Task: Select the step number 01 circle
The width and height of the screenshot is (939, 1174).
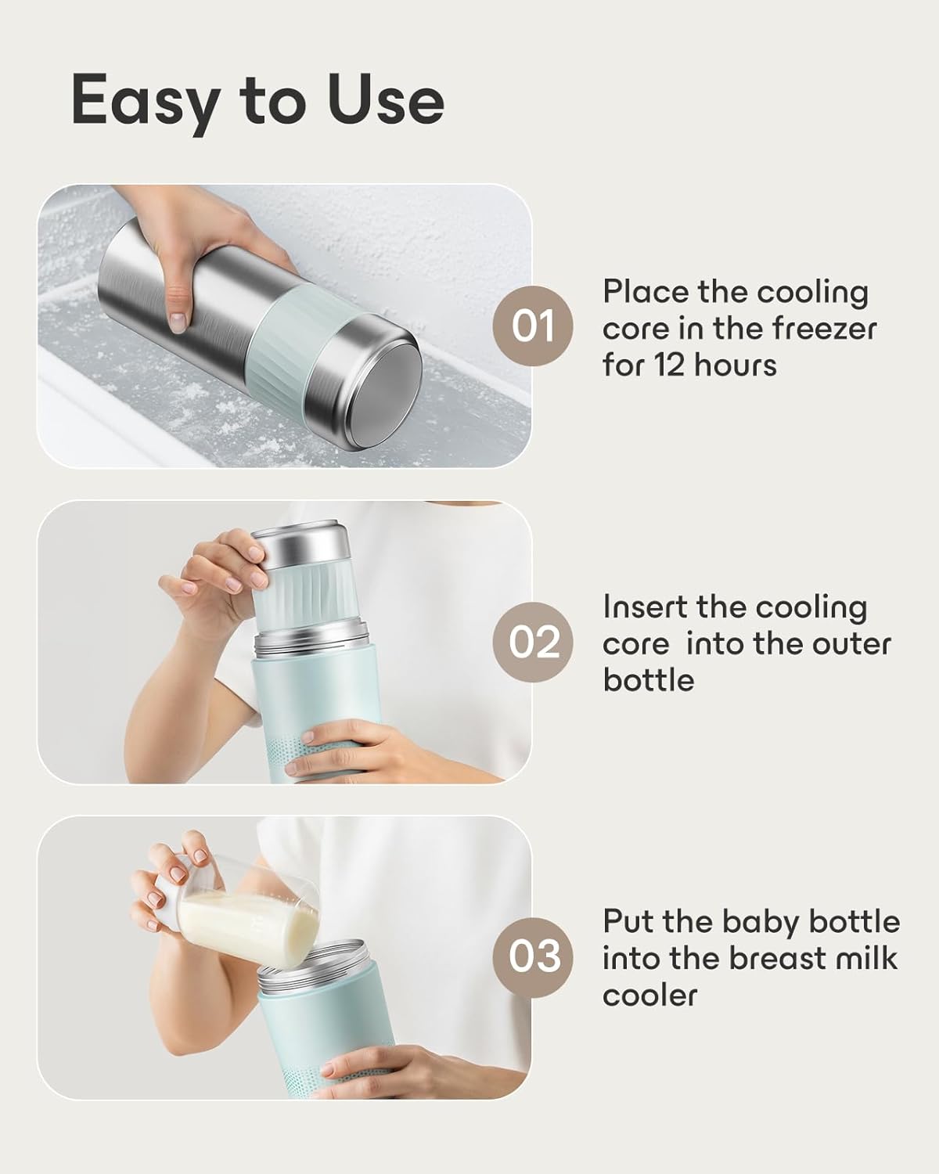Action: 533,326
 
